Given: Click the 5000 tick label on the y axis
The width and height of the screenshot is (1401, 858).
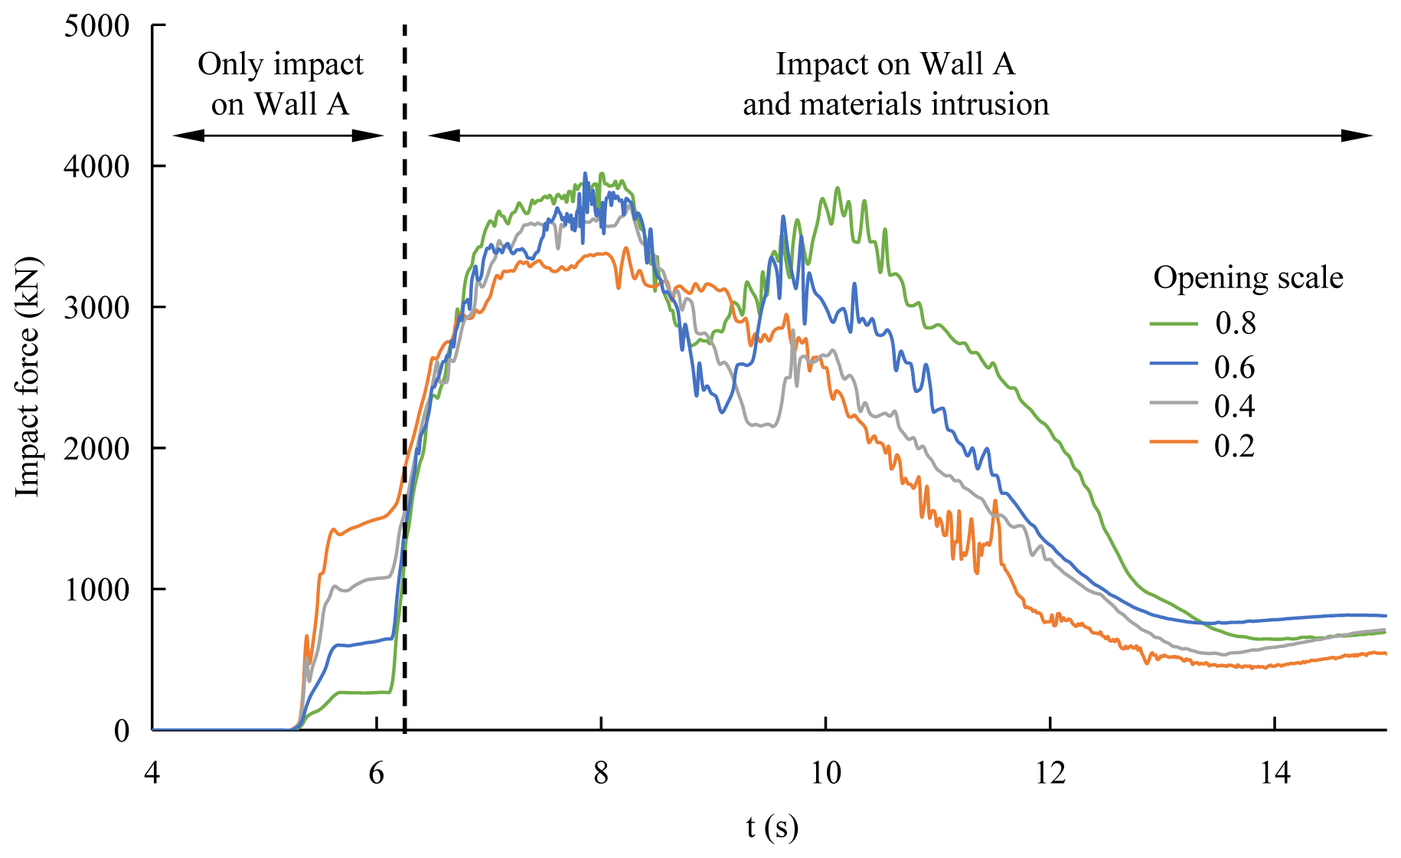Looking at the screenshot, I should pyautogui.click(x=96, y=26).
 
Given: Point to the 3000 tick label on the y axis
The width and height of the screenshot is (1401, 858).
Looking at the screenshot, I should pyautogui.click(x=96, y=308).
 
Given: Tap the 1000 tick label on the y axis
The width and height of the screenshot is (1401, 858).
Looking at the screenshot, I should pyautogui.click(x=96, y=590).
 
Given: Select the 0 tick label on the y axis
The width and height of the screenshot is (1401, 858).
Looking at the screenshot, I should pyautogui.click(x=122, y=731).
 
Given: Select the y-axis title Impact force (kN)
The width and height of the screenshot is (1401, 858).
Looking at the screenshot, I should pyautogui.click(x=28, y=377).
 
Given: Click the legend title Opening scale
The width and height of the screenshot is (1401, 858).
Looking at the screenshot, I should pyautogui.click(x=1248, y=277).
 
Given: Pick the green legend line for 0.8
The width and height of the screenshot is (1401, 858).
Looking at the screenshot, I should pyautogui.click(x=1174, y=323).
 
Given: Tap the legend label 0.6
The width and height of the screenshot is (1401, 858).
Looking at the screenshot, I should pyautogui.click(x=1235, y=368).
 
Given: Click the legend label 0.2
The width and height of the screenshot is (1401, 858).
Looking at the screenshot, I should pyautogui.click(x=1235, y=446).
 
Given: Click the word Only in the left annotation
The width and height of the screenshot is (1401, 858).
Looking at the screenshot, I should pyautogui.click(x=230, y=65).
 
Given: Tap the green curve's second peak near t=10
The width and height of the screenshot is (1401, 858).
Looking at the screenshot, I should pyautogui.click(x=837, y=188).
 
